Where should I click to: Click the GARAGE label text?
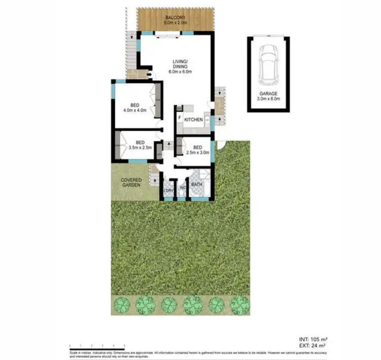click(269, 93)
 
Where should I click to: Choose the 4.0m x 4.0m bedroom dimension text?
click(135, 111)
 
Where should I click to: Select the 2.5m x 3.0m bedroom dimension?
click(196, 152)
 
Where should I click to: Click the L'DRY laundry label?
click(168, 191)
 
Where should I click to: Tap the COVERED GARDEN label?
click(131, 183)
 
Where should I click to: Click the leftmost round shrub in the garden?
click(122, 305)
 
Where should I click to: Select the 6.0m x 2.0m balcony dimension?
click(176, 23)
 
